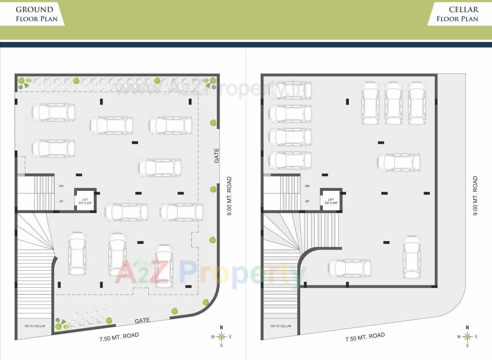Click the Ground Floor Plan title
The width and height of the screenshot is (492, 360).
tap(37, 14)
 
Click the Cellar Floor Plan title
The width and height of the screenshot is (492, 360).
tap(457, 14)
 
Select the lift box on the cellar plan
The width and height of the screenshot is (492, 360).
tap(331, 200)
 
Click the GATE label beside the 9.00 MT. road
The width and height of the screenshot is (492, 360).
tap(217, 156)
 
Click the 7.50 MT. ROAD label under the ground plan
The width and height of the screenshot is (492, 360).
tap(119, 337)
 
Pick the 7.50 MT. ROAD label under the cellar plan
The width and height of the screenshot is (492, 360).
tap(365, 337)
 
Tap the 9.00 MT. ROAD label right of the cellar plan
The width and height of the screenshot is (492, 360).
tap(475, 195)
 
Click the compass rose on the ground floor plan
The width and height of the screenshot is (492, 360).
tap(221, 337)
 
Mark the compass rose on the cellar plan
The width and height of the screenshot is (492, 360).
tap(467, 337)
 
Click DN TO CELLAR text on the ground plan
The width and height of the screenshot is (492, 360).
tap(35, 326)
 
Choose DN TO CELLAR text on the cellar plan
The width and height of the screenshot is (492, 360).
tap(281, 326)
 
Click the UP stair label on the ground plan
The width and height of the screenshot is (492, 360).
tap(61, 201)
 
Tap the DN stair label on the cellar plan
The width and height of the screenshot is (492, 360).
tap(307, 186)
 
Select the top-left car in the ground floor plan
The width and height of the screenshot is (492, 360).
tap(53, 112)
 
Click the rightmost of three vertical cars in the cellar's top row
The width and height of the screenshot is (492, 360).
tap(417, 103)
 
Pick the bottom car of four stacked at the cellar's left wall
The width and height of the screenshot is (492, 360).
tap(290, 160)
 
